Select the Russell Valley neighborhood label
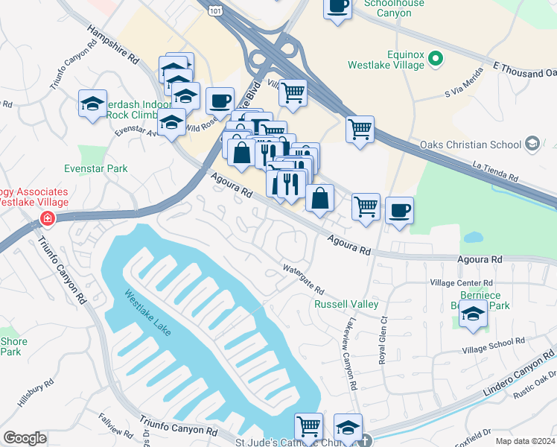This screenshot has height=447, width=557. pyautogui.click(x=346, y=304)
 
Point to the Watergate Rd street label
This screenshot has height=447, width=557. pyautogui.click(x=303, y=279)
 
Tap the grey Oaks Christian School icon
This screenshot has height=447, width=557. pyautogui.click(x=532, y=144)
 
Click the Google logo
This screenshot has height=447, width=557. pyautogui.click(x=25, y=438)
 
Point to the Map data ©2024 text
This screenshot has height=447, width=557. pyautogui.click(x=524, y=441)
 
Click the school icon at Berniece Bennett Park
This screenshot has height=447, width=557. pyautogui.click(x=472, y=316)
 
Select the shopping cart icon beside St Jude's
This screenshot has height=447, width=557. pyautogui.click(x=308, y=427)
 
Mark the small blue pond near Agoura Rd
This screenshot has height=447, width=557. pyautogui.click(x=473, y=238)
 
